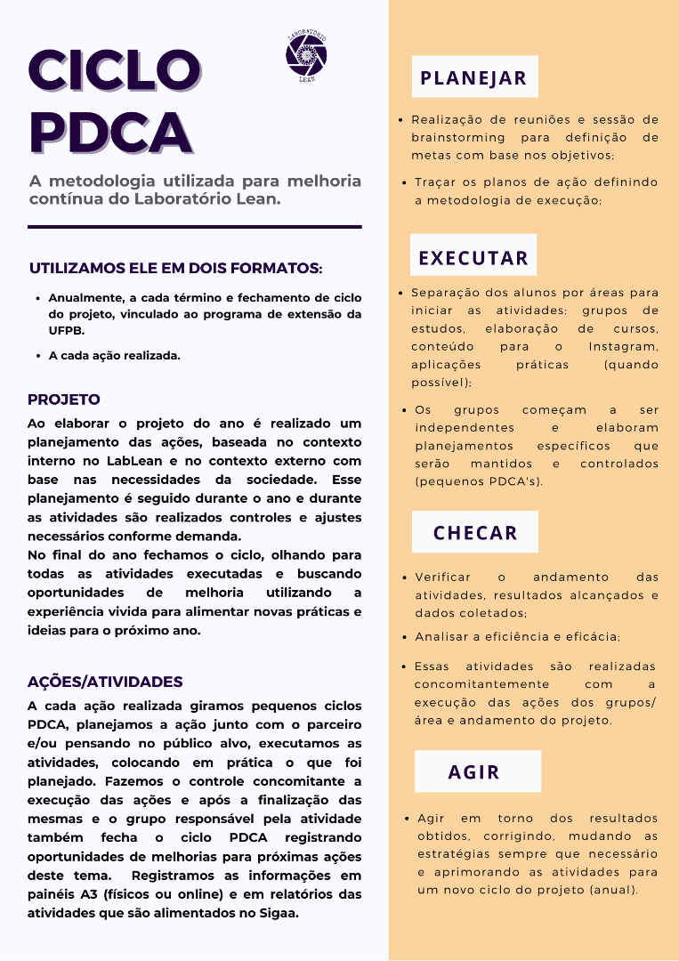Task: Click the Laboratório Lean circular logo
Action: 306,55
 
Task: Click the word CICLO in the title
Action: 114,70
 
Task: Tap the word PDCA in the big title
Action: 110,131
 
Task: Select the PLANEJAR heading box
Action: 474,77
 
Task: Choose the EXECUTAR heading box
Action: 473,258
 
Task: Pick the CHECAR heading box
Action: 475,533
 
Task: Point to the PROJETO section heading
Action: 64,400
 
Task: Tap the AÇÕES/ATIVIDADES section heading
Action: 105,682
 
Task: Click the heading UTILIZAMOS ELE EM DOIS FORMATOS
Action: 175,269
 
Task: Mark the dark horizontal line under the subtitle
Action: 194,227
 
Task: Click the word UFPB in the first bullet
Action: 66,330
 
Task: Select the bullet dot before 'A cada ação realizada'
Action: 38,356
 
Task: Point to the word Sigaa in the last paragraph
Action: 280,913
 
